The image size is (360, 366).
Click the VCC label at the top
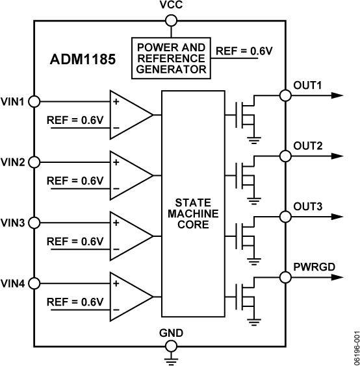(172, 6)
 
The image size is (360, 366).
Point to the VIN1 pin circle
(34, 102)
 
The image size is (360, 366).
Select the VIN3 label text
(13, 223)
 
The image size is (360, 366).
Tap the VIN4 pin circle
(34, 284)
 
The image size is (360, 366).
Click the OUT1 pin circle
(285, 95)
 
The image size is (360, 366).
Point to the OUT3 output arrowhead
(336, 216)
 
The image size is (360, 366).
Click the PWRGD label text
(315, 266)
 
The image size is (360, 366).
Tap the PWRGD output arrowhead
(336, 277)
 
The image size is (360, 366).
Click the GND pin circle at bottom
(172, 344)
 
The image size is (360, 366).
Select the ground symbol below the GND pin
(172, 358)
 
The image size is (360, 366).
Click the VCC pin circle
(172, 19)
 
